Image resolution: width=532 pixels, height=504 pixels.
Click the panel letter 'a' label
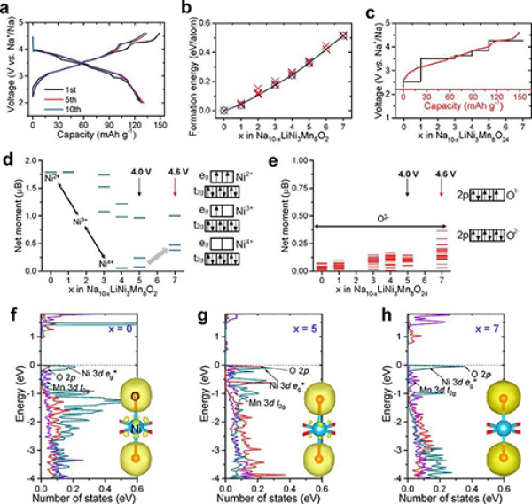click(7, 9)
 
